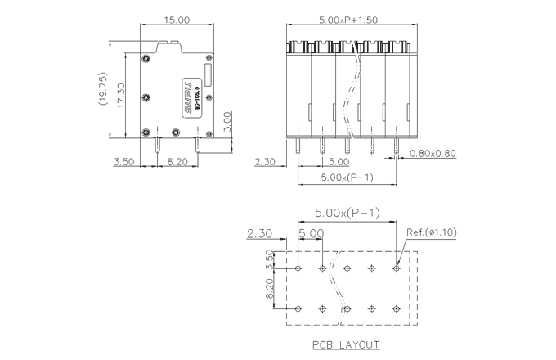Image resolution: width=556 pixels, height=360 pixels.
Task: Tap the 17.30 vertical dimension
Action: (119, 97)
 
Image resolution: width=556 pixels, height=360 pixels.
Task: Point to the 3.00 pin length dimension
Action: (229, 121)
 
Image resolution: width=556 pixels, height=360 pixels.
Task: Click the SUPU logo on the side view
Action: (186, 95)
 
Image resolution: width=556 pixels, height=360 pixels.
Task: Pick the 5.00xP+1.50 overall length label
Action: (348, 20)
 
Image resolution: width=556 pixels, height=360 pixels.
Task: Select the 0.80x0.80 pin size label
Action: (433, 154)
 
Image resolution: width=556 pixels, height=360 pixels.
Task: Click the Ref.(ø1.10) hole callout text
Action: (431, 232)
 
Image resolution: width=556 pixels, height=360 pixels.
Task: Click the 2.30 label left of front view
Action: (265, 162)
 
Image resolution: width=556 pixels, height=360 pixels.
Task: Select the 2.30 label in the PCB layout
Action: (258, 234)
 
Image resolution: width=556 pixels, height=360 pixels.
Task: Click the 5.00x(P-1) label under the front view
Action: (347, 177)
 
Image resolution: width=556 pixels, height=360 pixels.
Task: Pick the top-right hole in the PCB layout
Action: (397, 268)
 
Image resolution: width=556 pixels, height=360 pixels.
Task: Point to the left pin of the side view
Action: (157, 146)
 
